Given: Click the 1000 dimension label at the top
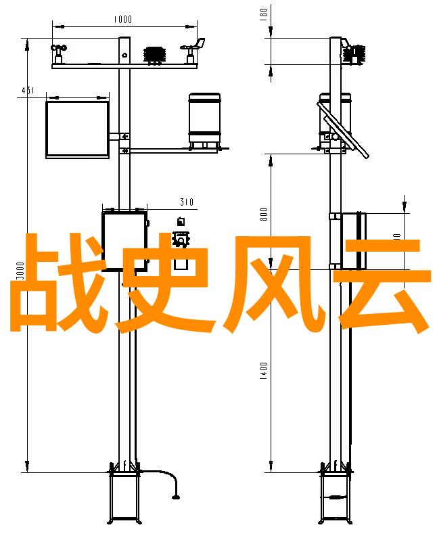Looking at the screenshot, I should pos(122,20).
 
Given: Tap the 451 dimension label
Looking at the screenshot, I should pos(28,90).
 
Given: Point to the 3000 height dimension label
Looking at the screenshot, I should pos(21,271).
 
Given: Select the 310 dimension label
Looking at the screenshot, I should pos(187,202).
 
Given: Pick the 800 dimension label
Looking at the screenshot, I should pos(264,214).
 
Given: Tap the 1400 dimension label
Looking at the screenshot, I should pos(264,371).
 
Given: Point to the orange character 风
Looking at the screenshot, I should pos(271,284).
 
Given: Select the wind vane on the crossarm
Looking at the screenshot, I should pos(191,48).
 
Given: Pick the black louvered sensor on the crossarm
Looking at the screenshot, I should pos(155,53).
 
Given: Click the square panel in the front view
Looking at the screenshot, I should pos(77,129).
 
